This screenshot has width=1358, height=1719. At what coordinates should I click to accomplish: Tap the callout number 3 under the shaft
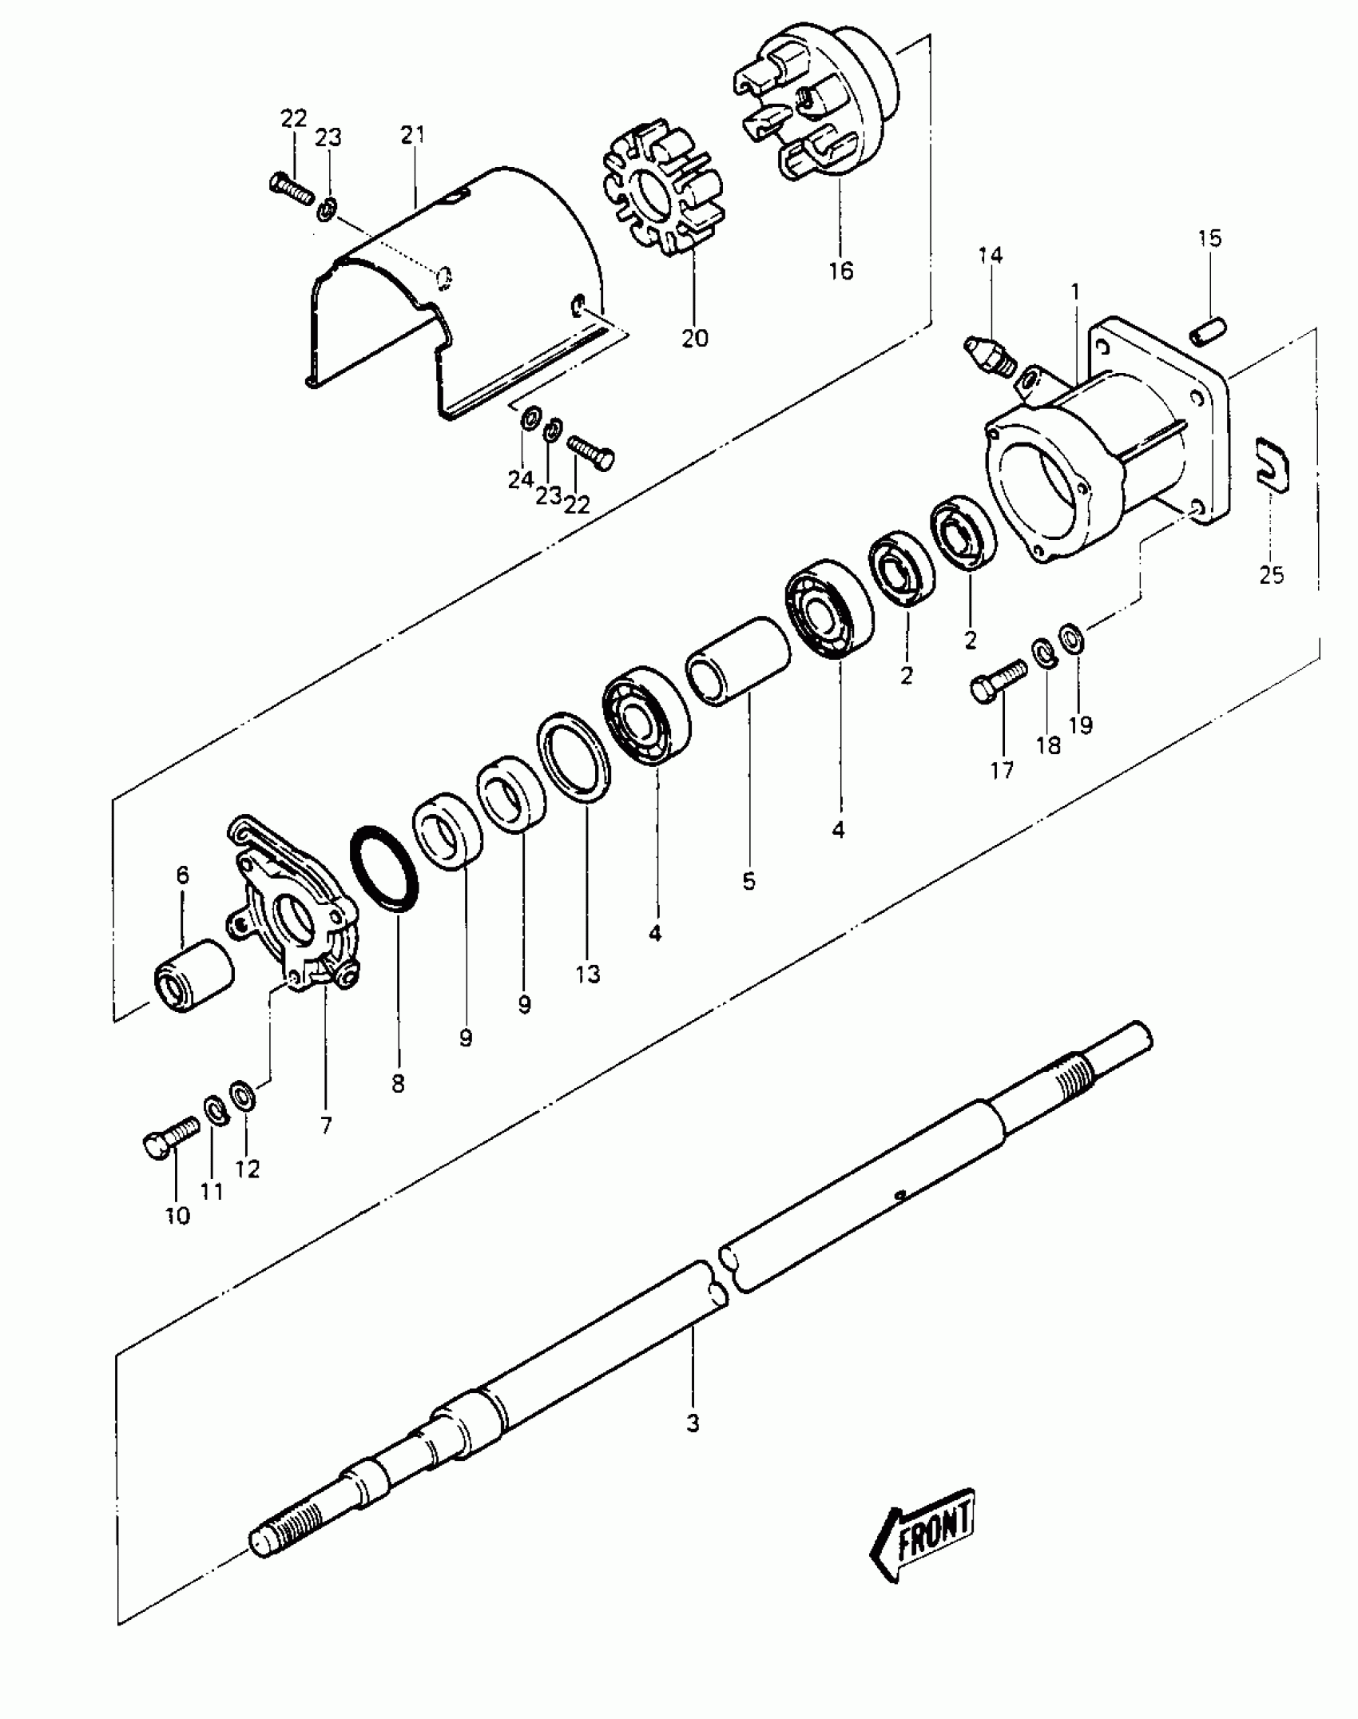[693, 1423]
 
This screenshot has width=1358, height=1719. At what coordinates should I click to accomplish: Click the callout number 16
[840, 271]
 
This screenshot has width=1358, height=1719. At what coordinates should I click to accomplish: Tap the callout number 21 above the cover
[413, 136]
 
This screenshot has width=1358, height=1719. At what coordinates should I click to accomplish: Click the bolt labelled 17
[997, 679]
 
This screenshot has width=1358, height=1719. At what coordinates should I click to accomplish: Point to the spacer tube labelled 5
[738, 661]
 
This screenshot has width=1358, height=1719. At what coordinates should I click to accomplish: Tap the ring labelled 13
[574, 756]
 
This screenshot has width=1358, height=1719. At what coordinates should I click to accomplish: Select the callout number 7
[325, 1125]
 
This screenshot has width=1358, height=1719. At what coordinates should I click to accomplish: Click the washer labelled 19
[1070, 637]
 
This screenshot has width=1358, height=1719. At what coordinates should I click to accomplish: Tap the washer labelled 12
[242, 1094]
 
